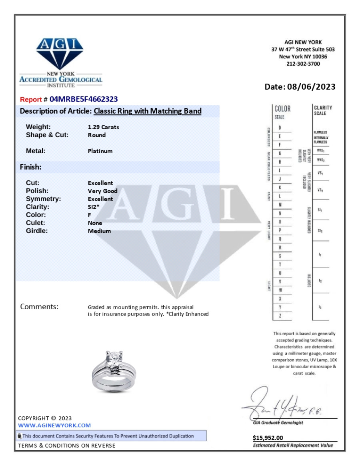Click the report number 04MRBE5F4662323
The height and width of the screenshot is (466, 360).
tap(84, 99)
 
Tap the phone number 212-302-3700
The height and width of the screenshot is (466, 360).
tap(303, 64)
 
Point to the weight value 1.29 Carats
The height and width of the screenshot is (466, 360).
tap(103, 127)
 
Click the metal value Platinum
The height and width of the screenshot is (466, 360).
tap(100, 151)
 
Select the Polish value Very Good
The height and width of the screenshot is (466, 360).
tap(102, 191)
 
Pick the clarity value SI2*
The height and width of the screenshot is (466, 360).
tap(94, 207)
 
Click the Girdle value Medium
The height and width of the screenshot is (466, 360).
tap(99, 231)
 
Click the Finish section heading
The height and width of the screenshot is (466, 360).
tap(31, 167)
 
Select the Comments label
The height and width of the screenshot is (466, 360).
tap(39, 307)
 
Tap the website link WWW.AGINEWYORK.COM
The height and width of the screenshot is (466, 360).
tap(55, 425)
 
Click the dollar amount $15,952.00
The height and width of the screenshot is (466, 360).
tap(268, 438)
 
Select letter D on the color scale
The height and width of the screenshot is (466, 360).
tap(280, 128)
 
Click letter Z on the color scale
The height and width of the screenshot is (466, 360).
tap(280, 316)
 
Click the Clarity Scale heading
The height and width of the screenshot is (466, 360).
tap(323, 110)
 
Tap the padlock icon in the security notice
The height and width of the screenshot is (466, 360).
tap(20, 436)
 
